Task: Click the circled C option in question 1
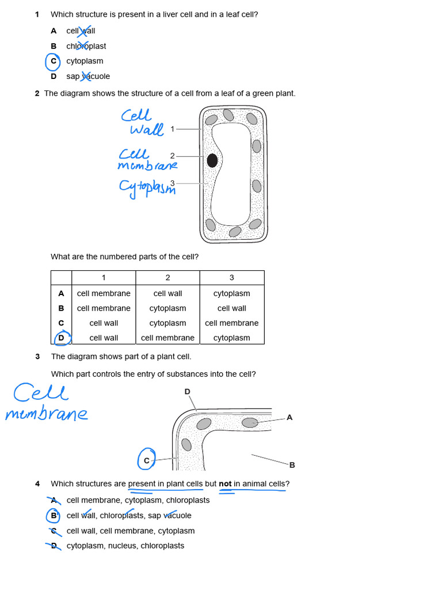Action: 53,61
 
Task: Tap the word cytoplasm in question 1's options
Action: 85,61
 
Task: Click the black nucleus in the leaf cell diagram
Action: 212,160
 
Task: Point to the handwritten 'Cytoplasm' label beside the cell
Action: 147,187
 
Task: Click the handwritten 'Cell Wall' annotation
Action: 141,123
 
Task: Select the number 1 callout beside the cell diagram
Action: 172,129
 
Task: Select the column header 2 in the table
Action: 167,278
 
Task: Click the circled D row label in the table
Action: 61,338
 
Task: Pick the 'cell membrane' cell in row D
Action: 167,338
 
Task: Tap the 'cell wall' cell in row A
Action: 167,293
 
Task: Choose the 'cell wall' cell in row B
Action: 231,308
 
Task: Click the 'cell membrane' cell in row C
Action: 231,323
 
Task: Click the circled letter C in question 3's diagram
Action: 147,460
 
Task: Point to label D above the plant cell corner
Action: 187,392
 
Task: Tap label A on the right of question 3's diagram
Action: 289,417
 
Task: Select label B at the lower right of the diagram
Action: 292,464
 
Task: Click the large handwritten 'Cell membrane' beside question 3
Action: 46,403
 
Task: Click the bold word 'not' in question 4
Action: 225,484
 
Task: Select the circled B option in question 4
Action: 54,516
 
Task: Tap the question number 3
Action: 37,357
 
